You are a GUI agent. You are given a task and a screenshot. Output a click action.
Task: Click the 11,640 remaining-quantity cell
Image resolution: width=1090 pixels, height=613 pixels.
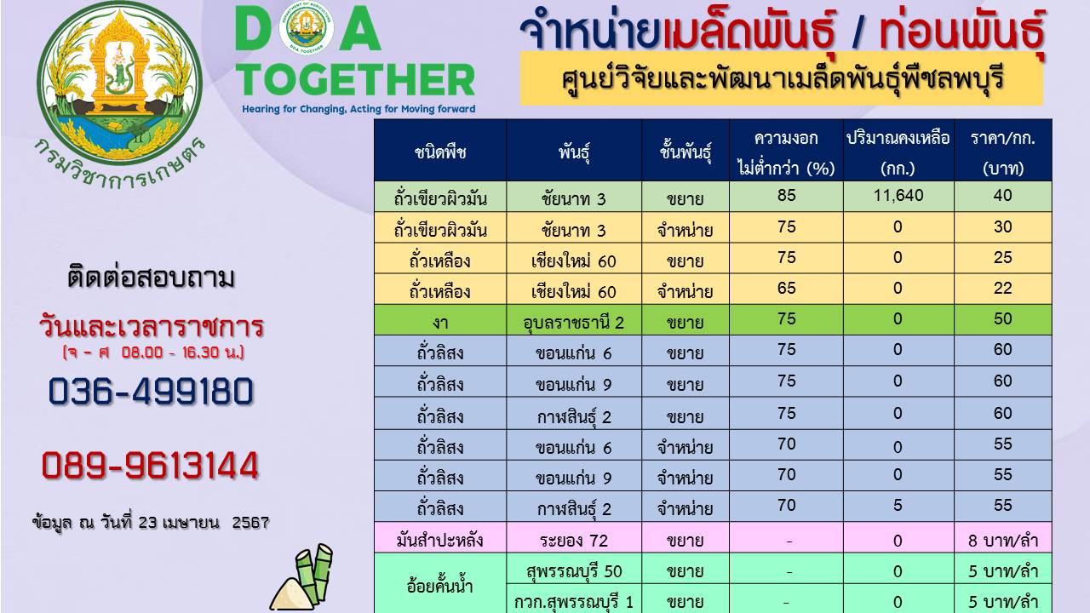(898, 196)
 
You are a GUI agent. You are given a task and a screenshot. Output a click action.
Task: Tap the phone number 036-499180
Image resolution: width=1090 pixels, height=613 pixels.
(151, 392)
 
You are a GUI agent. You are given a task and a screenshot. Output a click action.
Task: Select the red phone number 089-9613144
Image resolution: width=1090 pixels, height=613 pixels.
(150, 466)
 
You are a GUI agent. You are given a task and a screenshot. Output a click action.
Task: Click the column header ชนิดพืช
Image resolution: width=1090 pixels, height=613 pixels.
(440, 152)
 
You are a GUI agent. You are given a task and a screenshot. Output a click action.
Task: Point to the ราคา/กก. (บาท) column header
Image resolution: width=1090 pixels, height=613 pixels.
(1003, 152)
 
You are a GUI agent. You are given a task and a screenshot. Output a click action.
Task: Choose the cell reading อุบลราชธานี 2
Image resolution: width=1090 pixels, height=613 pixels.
(574, 322)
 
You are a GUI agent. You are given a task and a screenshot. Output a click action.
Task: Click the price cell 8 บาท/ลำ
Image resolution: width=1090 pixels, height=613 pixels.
(1003, 541)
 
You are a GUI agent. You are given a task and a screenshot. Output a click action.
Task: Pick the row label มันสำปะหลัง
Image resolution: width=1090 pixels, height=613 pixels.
(440, 541)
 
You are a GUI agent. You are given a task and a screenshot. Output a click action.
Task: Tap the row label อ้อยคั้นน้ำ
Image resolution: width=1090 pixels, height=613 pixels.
(440, 587)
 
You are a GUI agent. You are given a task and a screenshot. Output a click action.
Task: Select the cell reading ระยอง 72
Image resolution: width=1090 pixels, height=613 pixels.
(574, 541)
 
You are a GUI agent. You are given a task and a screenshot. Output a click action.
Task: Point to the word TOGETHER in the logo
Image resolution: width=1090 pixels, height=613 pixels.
(355, 80)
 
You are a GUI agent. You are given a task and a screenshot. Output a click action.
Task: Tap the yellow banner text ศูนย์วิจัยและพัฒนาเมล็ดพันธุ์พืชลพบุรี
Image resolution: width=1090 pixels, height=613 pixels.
(783, 80)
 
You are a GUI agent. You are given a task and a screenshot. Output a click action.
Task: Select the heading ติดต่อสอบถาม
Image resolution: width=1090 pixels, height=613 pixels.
(151, 278)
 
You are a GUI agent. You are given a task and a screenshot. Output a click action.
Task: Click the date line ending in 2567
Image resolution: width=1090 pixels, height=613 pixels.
(151, 523)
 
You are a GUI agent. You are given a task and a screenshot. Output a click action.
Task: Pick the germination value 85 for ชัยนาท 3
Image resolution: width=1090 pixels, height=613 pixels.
(786, 196)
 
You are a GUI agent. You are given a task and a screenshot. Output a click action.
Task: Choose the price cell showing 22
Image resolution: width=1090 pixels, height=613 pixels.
(1003, 288)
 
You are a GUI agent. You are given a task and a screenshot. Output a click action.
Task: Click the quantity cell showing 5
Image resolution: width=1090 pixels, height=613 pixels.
(898, 505)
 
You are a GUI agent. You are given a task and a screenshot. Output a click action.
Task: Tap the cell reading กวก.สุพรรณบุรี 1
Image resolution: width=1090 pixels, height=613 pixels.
(574, 602)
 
